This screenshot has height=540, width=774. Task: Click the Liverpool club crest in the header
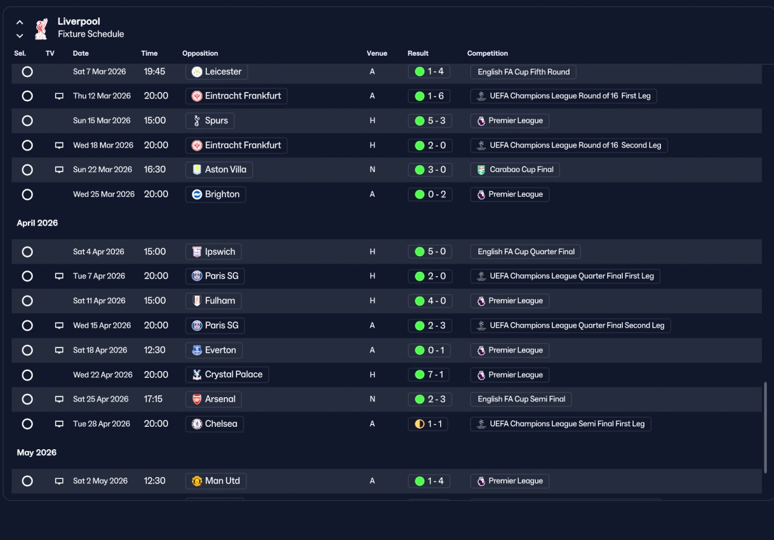pos(41,28)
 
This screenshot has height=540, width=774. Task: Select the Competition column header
pos(487,53)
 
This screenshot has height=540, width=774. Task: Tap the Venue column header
pos(377,53)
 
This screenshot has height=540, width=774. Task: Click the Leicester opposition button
pos(216,71)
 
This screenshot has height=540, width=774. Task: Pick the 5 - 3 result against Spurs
pos(430,120)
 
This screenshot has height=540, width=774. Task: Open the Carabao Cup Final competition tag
pos(515,170)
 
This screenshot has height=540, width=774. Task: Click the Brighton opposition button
pos(216,194)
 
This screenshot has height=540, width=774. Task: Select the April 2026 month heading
pos(37,223)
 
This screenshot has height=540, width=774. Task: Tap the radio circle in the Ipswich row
pos(27,252)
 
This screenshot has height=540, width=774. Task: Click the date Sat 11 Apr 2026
pos(99,301)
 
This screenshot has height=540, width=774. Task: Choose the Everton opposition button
pos(214,350)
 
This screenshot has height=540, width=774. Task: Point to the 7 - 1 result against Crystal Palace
pos(429,375)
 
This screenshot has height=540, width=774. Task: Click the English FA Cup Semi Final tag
pos(521,399)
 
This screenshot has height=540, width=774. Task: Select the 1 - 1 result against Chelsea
pos(428,424)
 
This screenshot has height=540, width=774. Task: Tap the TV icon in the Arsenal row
pos(59,399)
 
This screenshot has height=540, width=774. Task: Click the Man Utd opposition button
pos(216,481)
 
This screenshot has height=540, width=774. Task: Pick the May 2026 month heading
pos(37,452)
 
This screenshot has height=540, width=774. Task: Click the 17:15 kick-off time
pos(153,399)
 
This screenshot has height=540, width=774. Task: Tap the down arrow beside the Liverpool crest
pos(20,36)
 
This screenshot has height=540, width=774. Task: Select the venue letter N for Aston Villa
pos(372,170)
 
